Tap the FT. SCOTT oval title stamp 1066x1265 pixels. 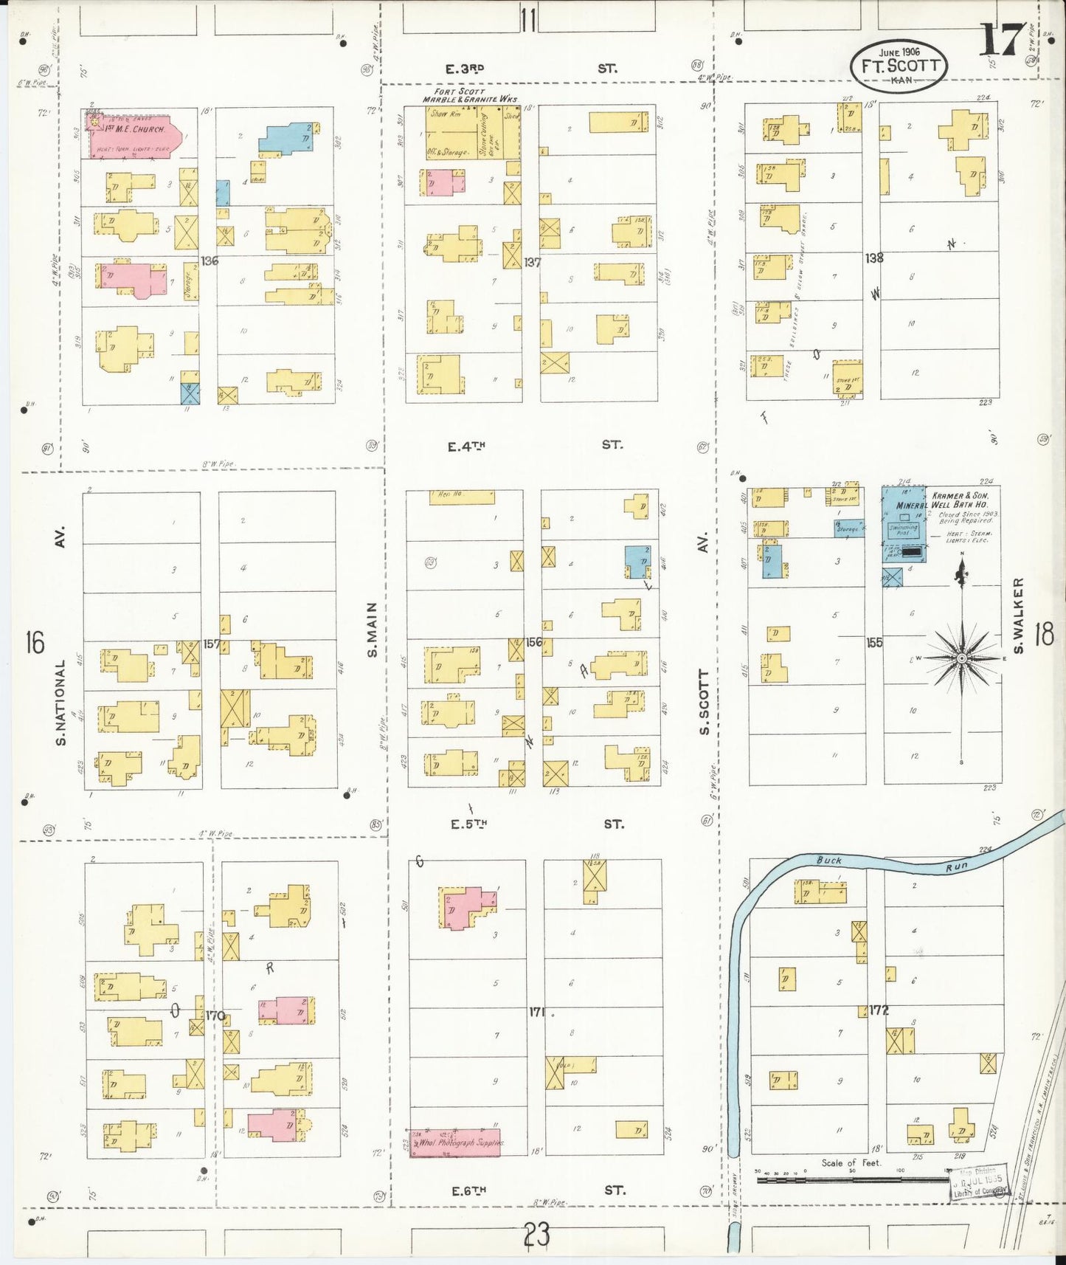click(x=899, y=66)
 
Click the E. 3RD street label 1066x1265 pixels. click(x=465, y=69)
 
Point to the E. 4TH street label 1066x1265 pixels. click(x=466, y=446)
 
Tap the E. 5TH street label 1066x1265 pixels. click(x=468, y=824)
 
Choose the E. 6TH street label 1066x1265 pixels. click(x=469, y=1190)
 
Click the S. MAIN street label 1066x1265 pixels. click(x=373, y=630)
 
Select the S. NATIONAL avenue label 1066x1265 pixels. click(x=60, y=701)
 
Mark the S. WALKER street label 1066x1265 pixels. click(x=1018, y=615)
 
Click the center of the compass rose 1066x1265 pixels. click(x=962, y=658)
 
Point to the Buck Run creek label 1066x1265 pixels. click(x=829, y=861)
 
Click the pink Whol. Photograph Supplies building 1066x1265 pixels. click(x=455, y=1142)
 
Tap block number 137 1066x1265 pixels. click(x=532, y=262)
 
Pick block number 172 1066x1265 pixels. click(x=879, y=1010)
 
